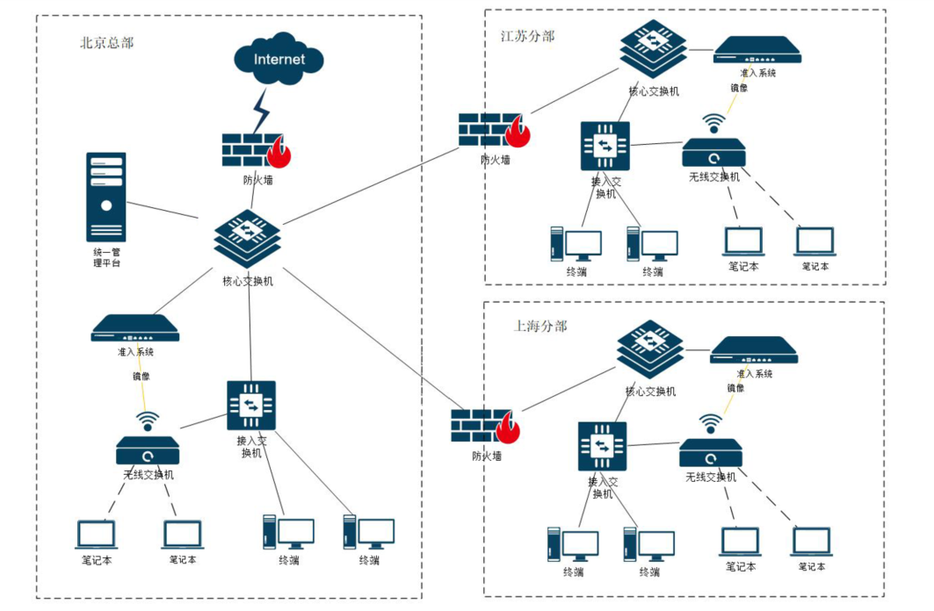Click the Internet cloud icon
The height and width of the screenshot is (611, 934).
pos(279,60)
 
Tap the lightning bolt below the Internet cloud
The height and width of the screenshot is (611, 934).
pos(261,110)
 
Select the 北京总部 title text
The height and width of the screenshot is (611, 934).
pos(106,42)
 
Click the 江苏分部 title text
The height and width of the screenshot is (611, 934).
pos(527,36)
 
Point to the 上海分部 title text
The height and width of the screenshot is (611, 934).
pos(540,326)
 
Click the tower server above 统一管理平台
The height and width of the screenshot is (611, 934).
pos(106,197)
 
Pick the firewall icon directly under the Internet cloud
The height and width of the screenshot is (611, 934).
pos(255,150)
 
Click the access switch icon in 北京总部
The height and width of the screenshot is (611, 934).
pos(251,405)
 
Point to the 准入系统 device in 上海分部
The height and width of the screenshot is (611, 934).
pos(753,349)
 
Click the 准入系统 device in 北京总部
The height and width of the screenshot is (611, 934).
pos(135,327)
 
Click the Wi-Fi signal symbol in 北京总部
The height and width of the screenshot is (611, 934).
pos(148,421)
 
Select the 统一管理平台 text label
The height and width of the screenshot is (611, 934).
pos(106,257)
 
